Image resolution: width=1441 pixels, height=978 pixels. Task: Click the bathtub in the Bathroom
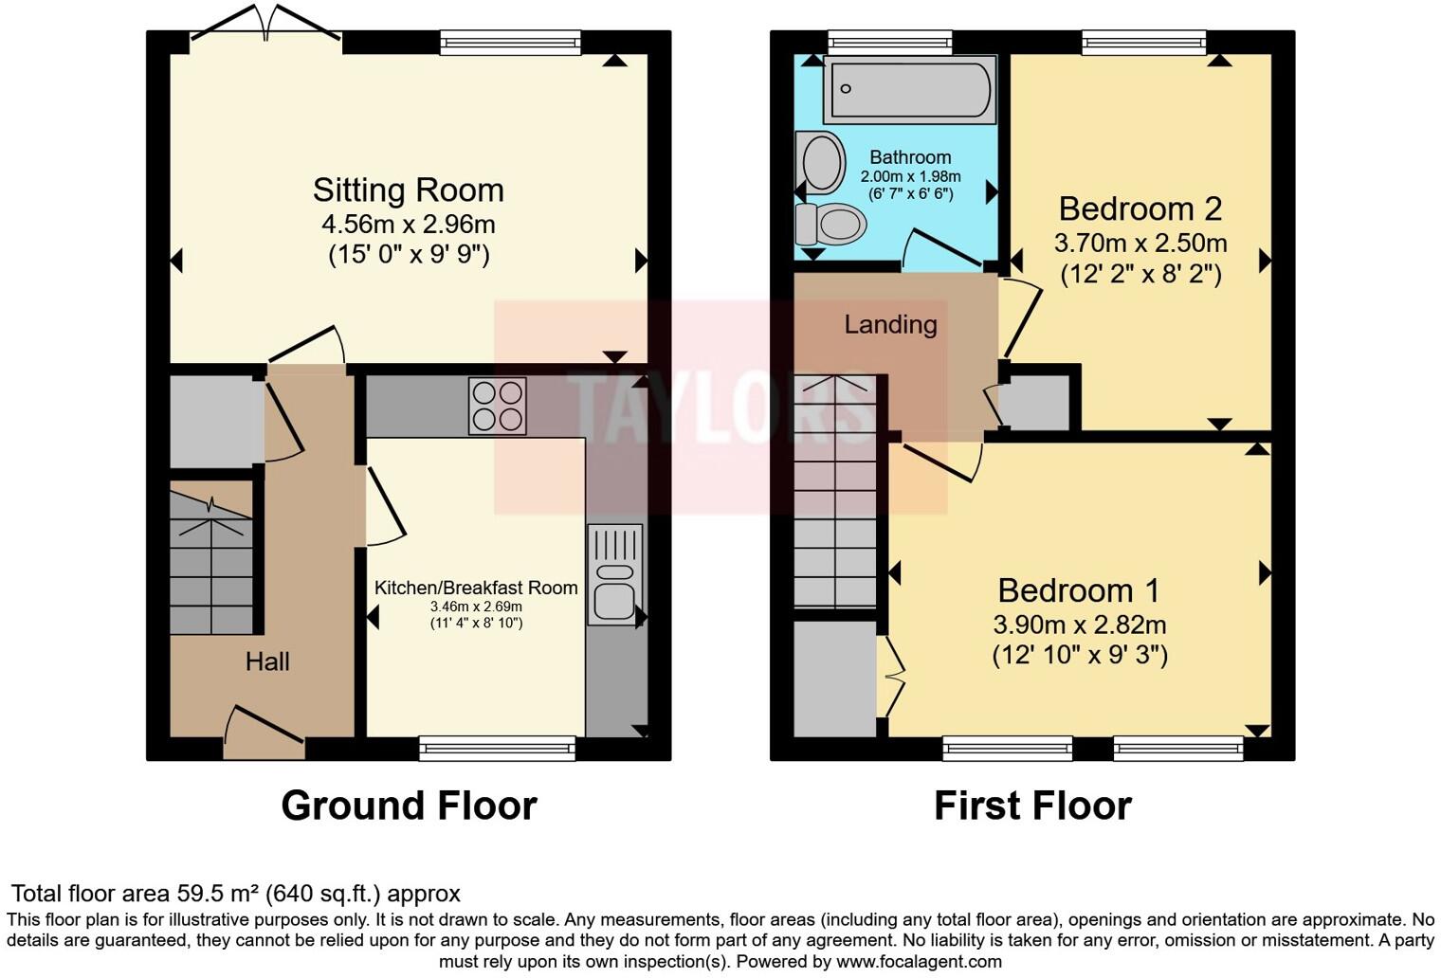(909, 89)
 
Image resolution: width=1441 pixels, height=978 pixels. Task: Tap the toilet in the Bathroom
(831, 225)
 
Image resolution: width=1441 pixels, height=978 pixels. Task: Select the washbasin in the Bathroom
(821, 162)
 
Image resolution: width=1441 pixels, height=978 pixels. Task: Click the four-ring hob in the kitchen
(497, 406)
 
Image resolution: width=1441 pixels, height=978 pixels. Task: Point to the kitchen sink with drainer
(614, 573)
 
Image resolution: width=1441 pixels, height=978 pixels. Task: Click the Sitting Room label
(408, 190)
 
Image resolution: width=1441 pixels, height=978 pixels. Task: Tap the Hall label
(267, 661)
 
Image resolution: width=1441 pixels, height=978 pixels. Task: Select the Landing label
(890, 325)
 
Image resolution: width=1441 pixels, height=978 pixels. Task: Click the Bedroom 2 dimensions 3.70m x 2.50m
(1140, 244)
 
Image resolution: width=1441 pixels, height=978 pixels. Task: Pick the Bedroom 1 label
(1078, 591)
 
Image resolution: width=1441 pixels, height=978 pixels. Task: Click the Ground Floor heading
(409, 806)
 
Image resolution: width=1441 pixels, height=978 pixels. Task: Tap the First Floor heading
(1032, 806)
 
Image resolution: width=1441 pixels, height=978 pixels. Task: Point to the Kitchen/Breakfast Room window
(497, 749)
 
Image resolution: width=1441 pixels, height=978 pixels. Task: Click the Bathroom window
(889, 42)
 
